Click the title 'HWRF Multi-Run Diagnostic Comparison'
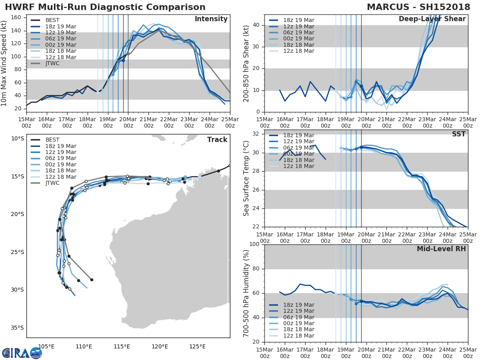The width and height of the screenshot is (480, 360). coord(105,7)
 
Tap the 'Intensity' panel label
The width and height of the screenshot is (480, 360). coord(211,19)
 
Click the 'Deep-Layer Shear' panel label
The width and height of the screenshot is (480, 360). coord(432,19)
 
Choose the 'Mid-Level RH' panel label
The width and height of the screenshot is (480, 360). coord(441,249)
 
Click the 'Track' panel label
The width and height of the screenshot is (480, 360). coord(217,140)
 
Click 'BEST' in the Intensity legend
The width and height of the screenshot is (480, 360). coord(52,20)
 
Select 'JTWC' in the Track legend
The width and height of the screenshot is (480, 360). coord(53,183)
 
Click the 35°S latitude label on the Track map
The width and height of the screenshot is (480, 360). coord(17,328)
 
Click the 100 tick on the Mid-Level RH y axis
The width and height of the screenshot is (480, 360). coord(254,244)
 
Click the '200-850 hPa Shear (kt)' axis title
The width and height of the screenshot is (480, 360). coord(247,63)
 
